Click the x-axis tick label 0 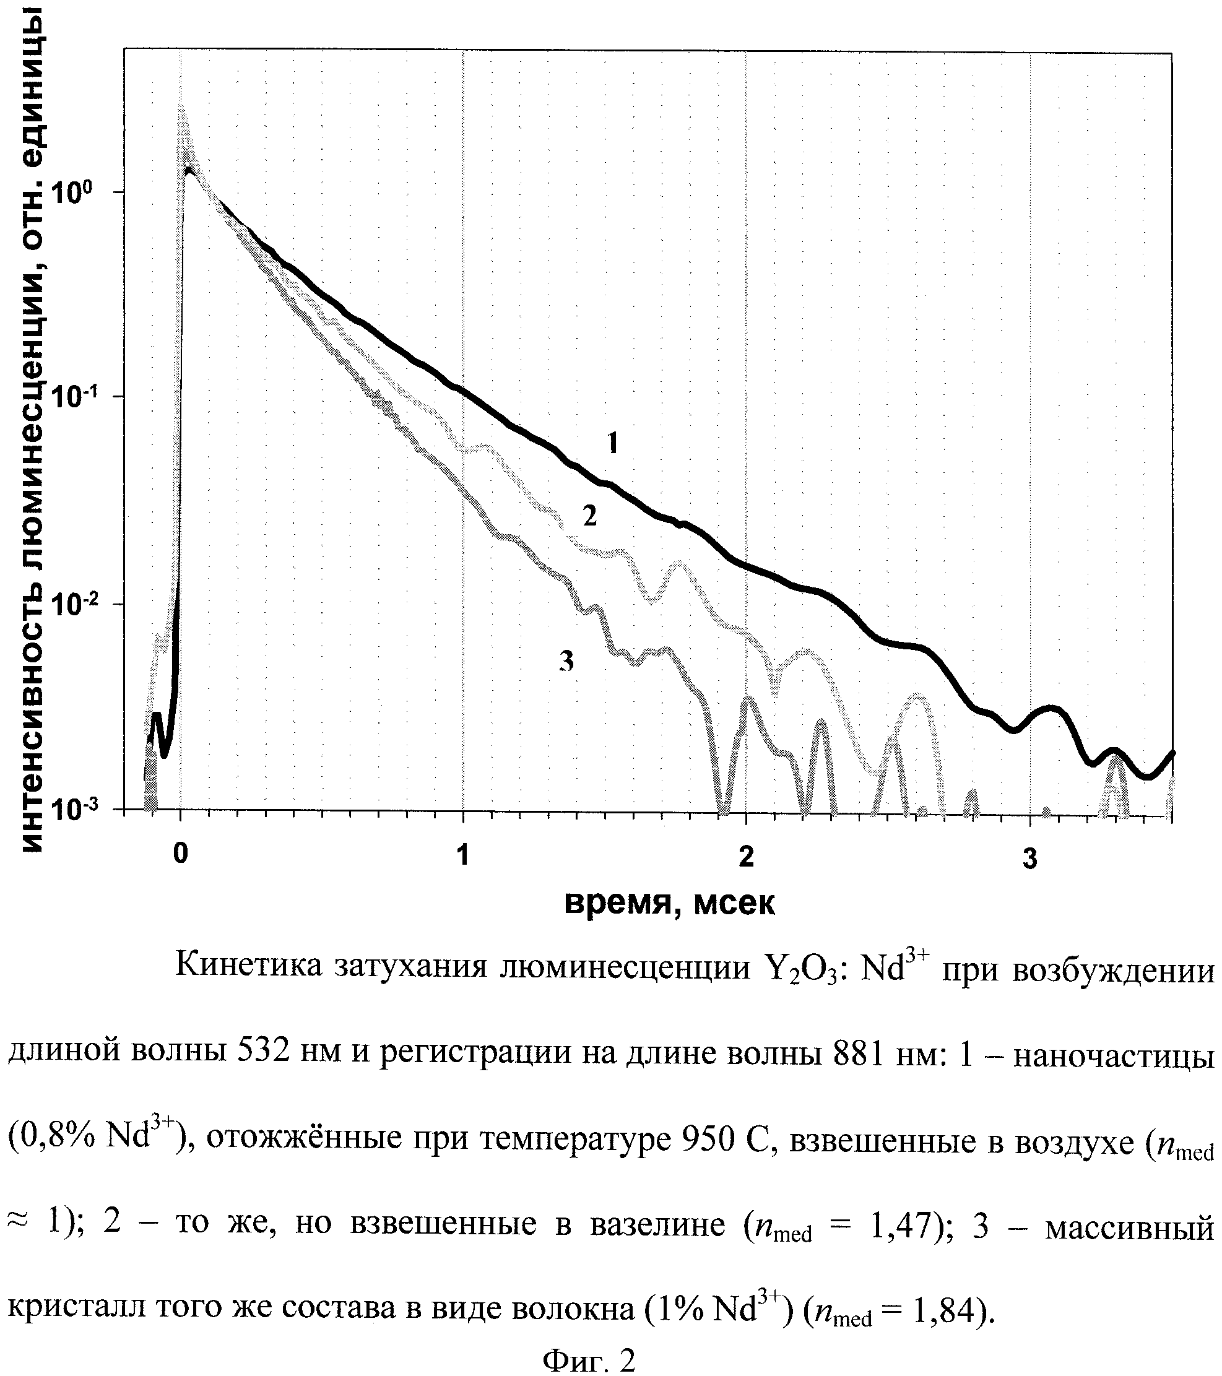coord(180,855)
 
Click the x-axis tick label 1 coord(462,855)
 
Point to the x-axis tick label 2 coord(746,857)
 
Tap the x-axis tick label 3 coord(1029,859)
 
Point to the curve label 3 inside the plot coord(567,662)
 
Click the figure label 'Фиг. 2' coord(589,1360)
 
